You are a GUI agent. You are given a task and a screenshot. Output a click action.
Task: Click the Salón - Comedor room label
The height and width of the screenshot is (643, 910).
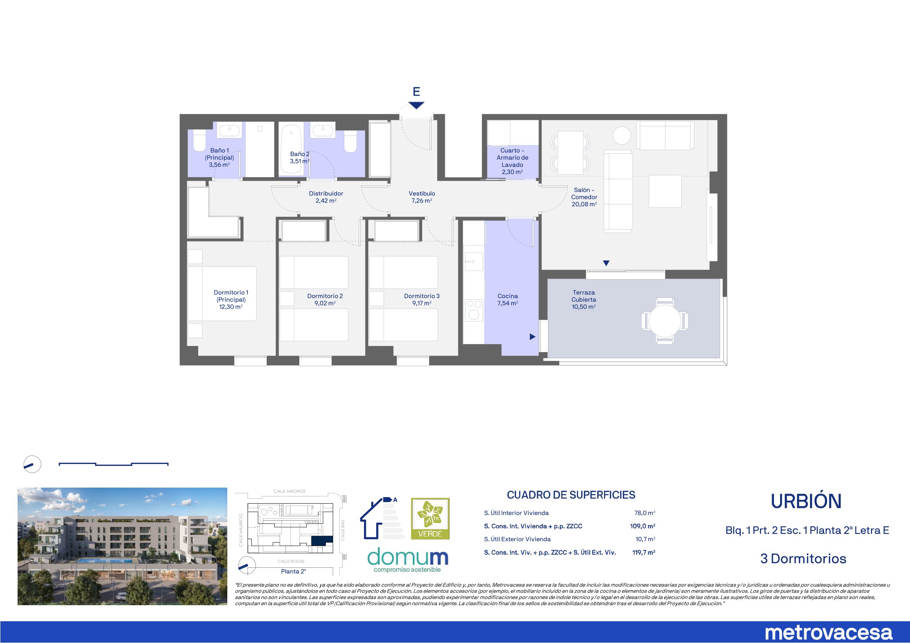coord(584,197)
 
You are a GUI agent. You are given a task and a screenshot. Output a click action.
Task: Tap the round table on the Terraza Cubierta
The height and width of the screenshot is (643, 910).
coord(665,320)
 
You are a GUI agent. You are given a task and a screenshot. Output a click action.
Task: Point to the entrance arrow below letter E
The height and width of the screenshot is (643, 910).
coord(416,105)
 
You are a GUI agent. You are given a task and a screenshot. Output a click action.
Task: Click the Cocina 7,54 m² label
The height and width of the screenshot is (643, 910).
coord(508,299)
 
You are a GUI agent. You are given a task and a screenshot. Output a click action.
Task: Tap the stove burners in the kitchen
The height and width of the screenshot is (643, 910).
coord(474,310)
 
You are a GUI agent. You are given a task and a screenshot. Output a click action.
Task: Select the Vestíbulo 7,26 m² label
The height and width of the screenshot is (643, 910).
coord(422,197)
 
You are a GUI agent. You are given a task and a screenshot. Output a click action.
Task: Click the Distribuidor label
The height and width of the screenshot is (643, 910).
coord(326,193)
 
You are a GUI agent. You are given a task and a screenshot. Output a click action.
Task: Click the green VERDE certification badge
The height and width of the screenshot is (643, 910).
coord(430,518)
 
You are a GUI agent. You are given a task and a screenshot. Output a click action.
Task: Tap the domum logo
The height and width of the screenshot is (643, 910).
coord(408,559)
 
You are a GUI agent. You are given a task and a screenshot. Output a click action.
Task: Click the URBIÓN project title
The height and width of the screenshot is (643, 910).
coord(806,501)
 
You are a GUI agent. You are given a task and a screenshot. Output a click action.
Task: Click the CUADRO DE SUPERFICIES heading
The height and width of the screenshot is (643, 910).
coord(571,495)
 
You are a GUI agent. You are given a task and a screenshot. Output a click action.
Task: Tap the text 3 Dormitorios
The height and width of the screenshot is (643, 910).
coord(803,559)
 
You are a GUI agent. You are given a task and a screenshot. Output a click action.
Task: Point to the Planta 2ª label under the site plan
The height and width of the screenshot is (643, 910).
coord(293,571)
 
